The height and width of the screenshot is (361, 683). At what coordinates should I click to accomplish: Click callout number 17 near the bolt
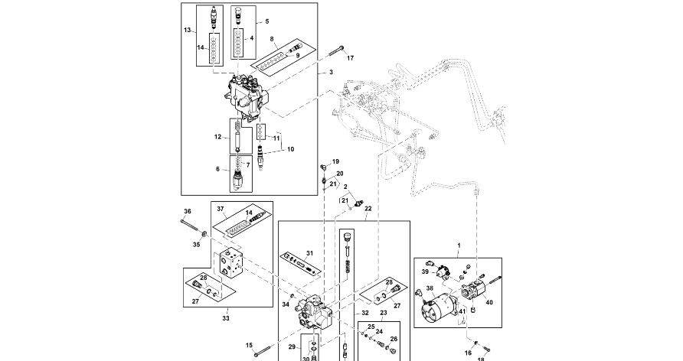pyautogui.click(x=350, y=58)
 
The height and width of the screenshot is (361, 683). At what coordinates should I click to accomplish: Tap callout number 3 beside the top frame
pyautogui.click(x=331, y=72)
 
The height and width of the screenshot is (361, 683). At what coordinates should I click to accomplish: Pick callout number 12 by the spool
pyautogui.click(x=217, y=138)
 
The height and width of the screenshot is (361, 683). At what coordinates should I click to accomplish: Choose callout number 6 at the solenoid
pyautogui.click(x=217, y=169)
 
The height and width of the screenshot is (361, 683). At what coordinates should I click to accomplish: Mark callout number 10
pyautogui.click(x=290, y=149)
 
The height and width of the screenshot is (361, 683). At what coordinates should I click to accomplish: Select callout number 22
pyautogui.click(x=368, y=208)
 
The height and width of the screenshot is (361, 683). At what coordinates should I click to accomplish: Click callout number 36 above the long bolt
pyautogui.click(x=186, y=211)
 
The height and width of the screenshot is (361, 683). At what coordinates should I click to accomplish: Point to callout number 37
pyautogui.click(x=219, y=208)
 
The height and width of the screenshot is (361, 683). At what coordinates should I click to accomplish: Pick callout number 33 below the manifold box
pyautogui.click(x=226, y=317)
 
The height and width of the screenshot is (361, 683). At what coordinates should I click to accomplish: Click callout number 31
pyautogui.click(x=310, y=253)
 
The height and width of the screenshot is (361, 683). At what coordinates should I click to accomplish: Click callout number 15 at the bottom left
pyautogui.click(x=249, y=346)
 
